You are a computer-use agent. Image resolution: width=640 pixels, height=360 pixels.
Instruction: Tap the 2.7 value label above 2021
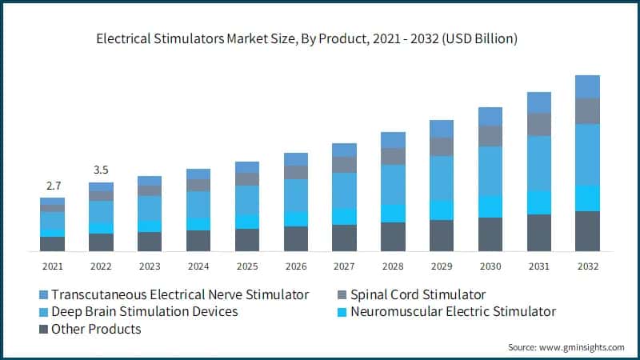coord(53,186)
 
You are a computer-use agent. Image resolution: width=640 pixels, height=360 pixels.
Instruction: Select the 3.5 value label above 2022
coord(102,170)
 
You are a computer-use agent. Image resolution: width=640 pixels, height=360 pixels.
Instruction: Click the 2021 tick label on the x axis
coord(53,266)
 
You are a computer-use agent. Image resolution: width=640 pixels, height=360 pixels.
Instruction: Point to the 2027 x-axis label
coord(344,266)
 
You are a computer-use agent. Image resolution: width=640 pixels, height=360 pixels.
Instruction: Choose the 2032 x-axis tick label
coord(587,266)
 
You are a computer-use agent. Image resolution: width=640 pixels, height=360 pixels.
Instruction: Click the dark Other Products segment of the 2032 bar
coord(587,231)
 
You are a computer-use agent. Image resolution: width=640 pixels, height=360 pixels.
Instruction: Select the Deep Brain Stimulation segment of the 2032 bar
coord(587,154)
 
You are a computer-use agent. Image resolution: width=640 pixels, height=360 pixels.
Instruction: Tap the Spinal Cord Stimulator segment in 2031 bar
coord(539,124)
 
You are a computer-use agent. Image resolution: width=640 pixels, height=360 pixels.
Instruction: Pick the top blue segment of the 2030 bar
coord(490,116)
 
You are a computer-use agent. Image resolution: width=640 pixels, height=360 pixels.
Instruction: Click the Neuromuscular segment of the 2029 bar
coord(442,210)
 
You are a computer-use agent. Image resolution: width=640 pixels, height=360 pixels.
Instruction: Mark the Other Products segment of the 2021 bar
coord(53,244)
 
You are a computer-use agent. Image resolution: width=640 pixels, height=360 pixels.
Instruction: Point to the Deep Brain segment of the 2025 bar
coord(247,200)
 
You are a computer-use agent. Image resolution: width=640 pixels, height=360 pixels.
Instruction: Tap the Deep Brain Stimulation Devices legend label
coord(145,311)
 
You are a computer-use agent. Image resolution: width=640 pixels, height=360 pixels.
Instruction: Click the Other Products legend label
coord(96,329)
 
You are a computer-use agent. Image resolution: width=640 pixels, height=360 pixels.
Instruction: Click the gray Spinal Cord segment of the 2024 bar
coord(198,185)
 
